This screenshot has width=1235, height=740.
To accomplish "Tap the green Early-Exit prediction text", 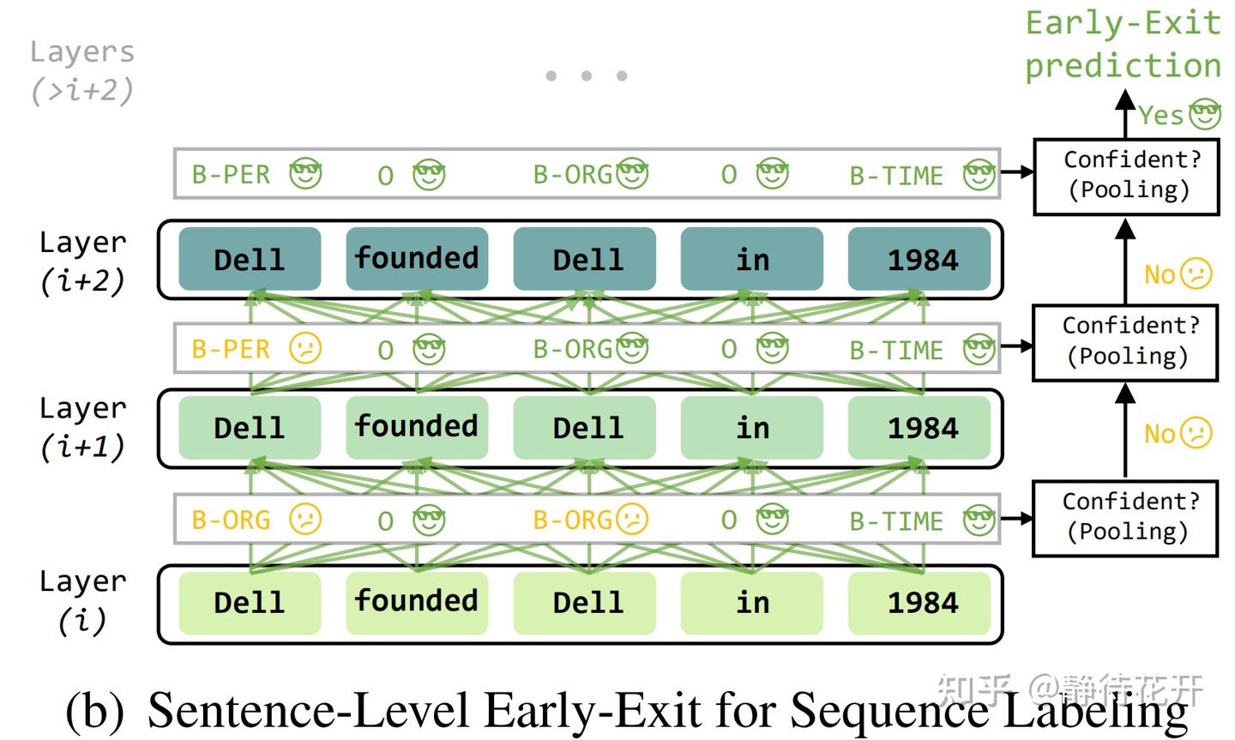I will click(1123, 45).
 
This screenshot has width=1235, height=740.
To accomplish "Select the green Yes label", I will click(1160, 115).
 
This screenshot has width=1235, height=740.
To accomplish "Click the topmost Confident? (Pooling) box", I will click(1126, 176).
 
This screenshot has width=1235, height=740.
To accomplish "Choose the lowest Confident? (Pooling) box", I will click(1126, 518).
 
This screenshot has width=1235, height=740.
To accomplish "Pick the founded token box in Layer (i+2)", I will click(417, 258).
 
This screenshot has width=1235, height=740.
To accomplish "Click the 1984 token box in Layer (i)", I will click(919, 602).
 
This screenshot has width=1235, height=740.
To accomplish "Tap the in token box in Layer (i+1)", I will click(752, 427).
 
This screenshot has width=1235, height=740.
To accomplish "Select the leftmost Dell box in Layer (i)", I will click(250, 602).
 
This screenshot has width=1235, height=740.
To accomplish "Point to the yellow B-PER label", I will click(231, 349).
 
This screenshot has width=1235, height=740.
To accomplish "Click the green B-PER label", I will click(231, 175).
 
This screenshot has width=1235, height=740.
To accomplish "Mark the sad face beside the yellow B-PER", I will click(305, 348).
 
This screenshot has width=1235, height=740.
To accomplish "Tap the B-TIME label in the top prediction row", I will click(896, 176).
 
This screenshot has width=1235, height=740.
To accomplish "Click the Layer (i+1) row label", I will click(82, 427).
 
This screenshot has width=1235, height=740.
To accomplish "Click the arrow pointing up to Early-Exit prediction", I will click(1125, 114).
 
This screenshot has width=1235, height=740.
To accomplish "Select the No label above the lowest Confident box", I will click(1160, 434).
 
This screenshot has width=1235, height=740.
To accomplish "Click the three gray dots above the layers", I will click(587, 76).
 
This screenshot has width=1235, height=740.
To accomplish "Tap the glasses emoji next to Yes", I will click(1205, 114).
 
